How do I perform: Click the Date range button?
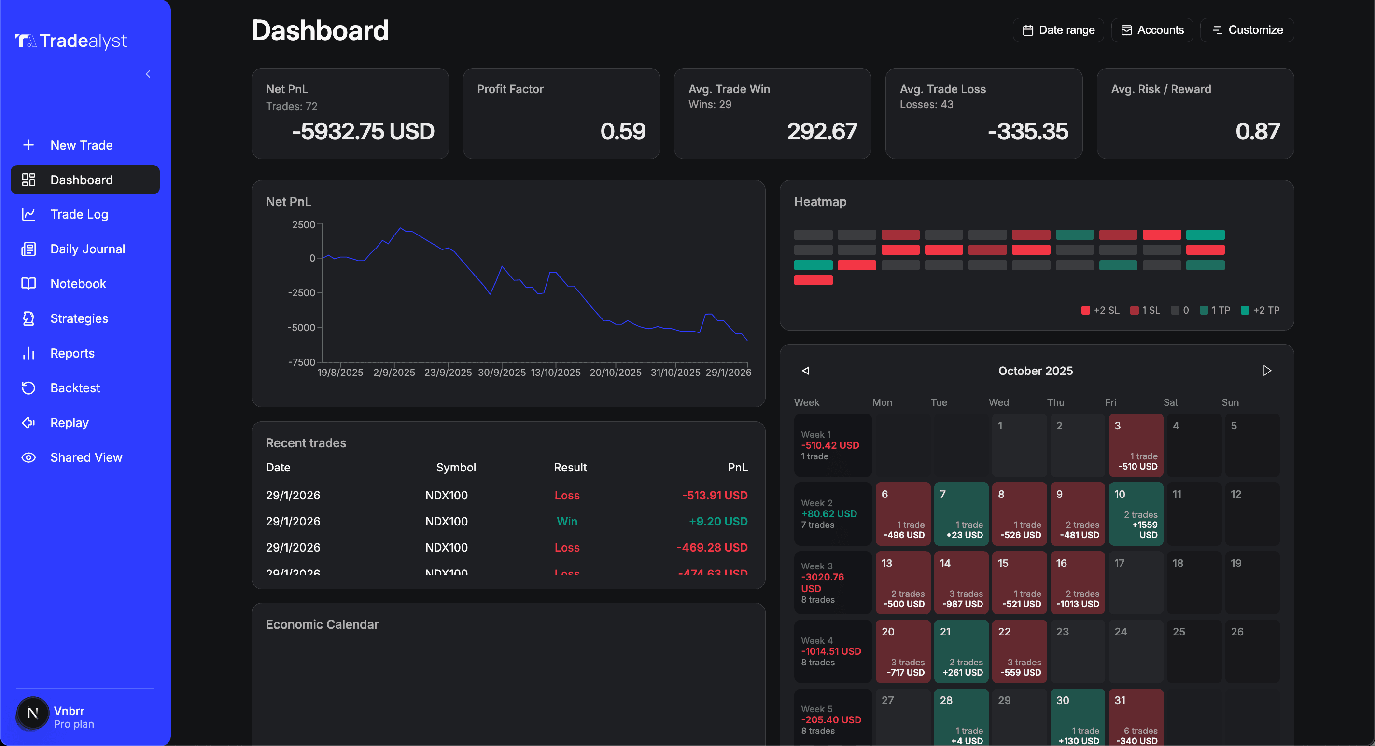pyautogui.click(x=1058, y=30)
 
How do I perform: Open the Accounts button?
pyautogui.click(x=1152, y=30)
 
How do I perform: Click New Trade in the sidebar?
pyautogui.click(x=81, y=145)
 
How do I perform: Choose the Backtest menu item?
pyautogui.click(x=75, y=388)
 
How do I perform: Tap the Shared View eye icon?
pyautogui.click(x=28, y=457)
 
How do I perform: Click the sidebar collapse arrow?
pyautogui.click(x=148, y=74)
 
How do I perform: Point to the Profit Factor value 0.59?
pyautogui.click(x=622, y=131)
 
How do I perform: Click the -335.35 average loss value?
pyautogui.click(x=1027, y=131)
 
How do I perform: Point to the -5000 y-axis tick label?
pyautogui.click(x=301, y=328)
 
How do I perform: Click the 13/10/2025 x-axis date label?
pyautogui.click(x=555, y=373)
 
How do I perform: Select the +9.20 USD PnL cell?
pyautogui.click(x=718, y=521)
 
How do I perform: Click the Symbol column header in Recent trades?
pyautogui.click(x=456, y=468)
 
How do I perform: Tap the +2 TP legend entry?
pyautogui.click(x=1260, y=310)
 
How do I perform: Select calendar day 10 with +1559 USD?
pyautogui.click(x=1136, y=513)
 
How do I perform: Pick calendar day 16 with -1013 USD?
pyautogui.click(x=1077, y=582)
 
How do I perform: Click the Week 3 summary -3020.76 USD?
pyautogui.click(x=823, y=582)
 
